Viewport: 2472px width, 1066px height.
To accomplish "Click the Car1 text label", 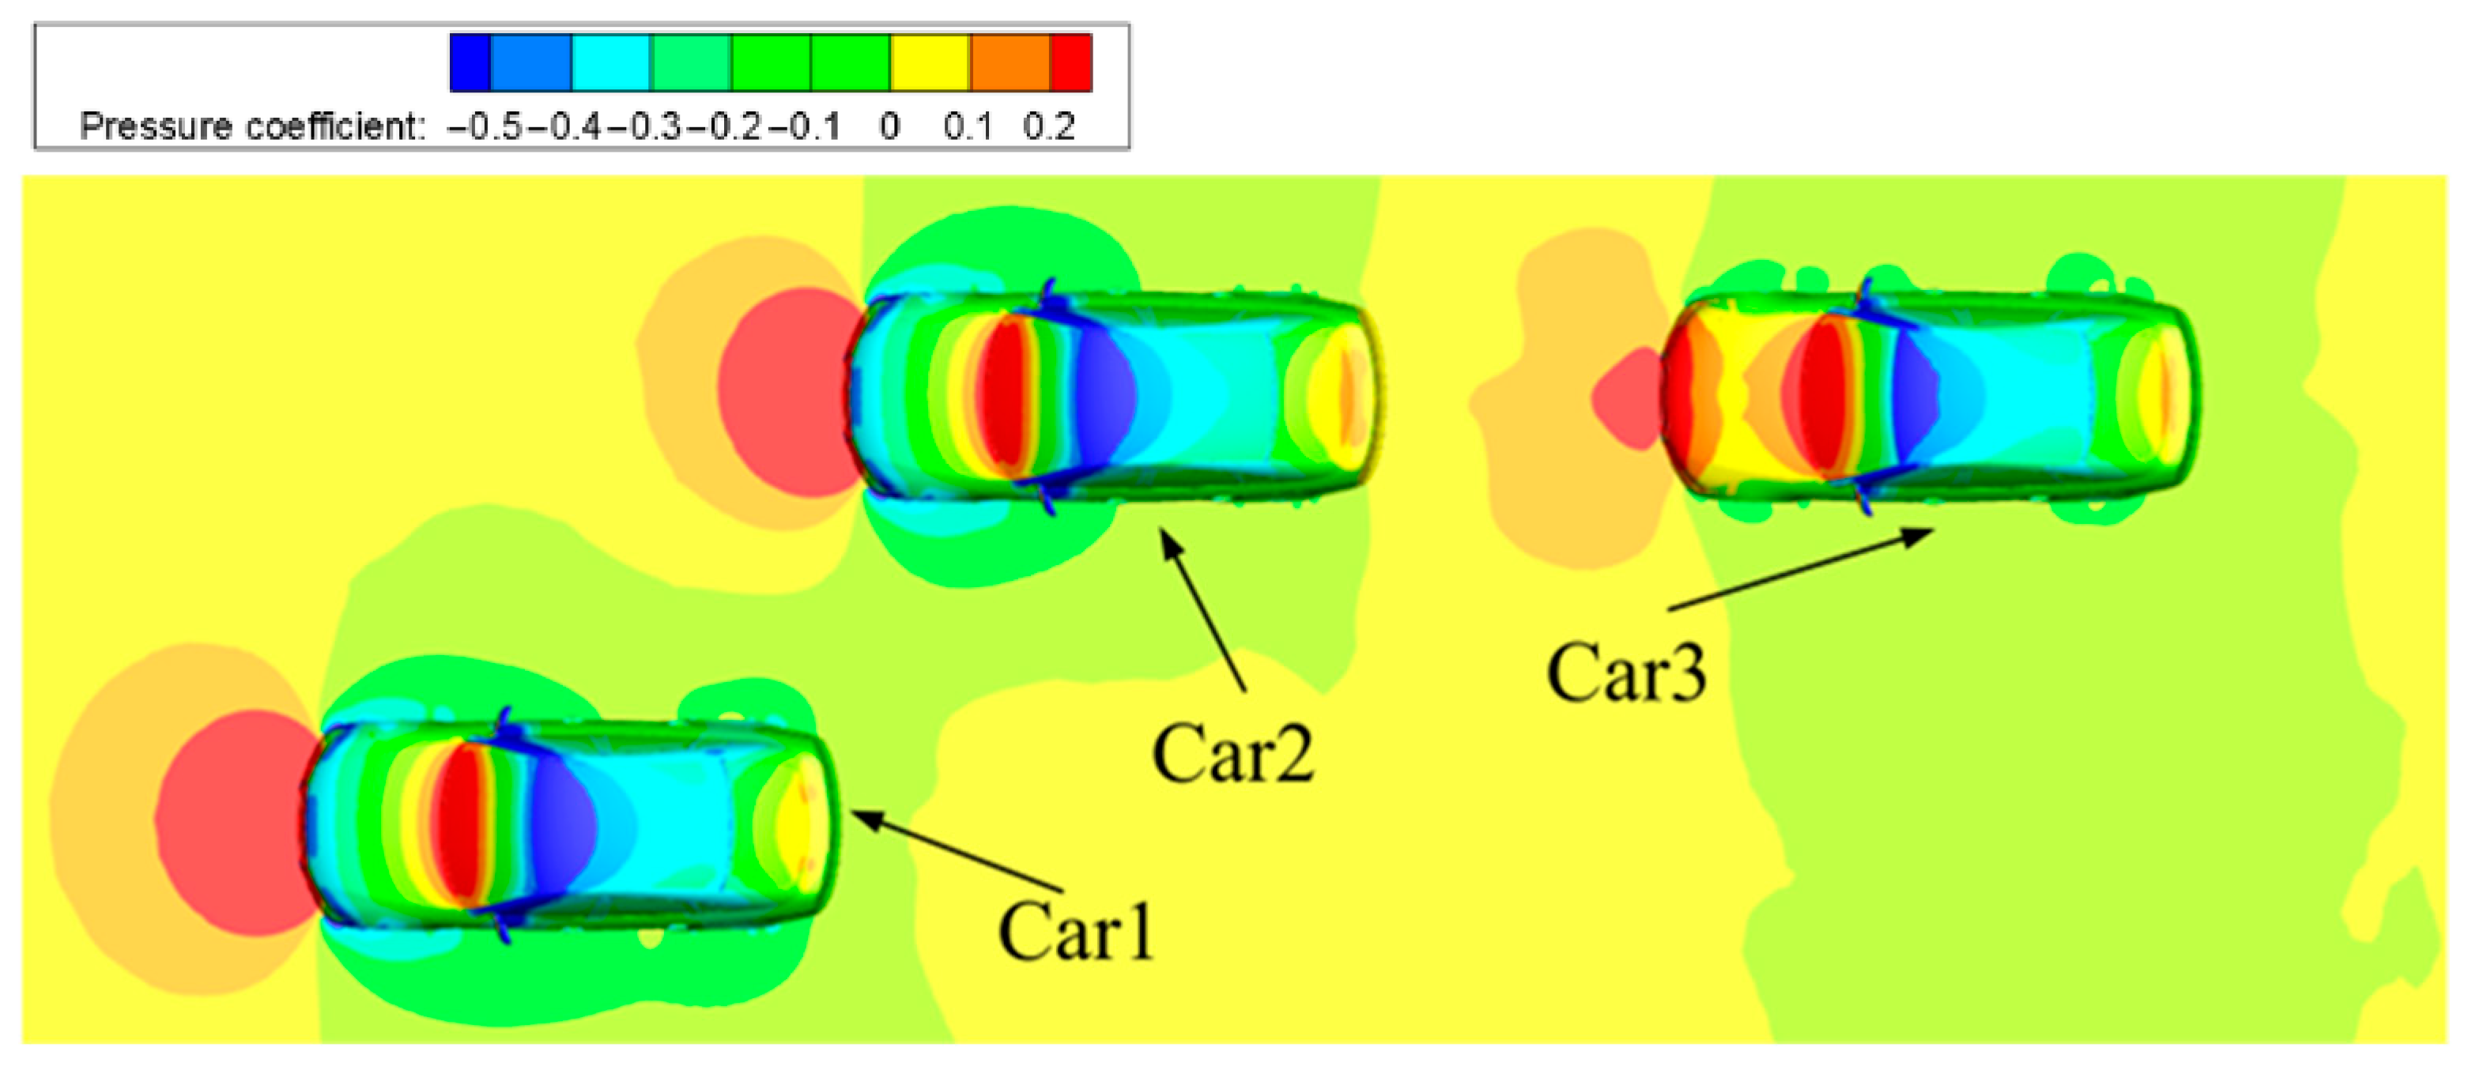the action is pos(1076,932).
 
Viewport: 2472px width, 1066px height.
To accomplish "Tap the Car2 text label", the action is pos(1232,754).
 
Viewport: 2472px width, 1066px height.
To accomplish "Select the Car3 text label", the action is pos(1627,672).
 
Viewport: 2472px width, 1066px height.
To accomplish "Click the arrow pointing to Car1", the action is pos(957,851).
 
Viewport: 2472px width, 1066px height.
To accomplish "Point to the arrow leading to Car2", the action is pos(1202,609).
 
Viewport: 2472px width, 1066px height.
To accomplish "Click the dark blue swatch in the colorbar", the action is pos(470,62).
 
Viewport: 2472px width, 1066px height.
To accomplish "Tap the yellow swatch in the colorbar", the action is pos(930,62).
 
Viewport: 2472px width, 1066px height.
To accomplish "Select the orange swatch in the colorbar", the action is pos(1010,62).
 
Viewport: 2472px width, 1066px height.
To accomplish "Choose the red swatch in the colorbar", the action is pos(1071,62).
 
